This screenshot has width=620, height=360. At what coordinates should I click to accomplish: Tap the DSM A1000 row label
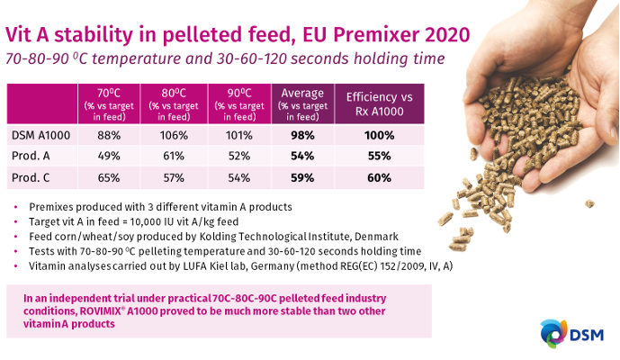[x=40, y=136]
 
